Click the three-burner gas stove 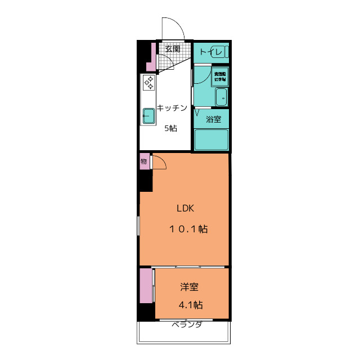[x=149, y=83]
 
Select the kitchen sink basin [x=148, y=116]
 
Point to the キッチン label [x=172, y=107]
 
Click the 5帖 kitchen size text [x=170, y=128]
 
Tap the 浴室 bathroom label [x=213, y=119]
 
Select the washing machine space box [x=220, y=77]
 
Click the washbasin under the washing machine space [x=221, y=97]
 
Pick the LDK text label [x=185, y=208]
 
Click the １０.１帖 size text [x=188, y=229]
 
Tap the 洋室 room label [x=189, y=287]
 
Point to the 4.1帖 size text [x=191, y=305]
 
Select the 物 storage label [x=144, y=161]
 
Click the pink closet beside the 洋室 [x=146, y=286]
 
